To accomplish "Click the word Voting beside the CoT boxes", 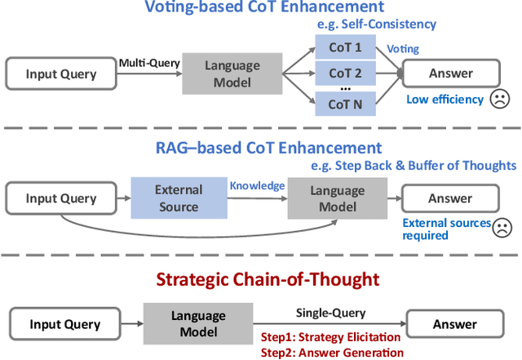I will (x=402, y=49).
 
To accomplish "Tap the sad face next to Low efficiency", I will (x=498, y=100).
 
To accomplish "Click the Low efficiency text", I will (x=445, y=100).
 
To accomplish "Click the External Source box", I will (x=178, y=198).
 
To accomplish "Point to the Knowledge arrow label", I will (x=257, y=186).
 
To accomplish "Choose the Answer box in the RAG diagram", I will (x=450, y=198).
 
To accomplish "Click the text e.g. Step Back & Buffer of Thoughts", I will (x=414, y=166).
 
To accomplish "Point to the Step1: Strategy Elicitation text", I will (x=331, y=337).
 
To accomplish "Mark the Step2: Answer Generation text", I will (x=331, y=353).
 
